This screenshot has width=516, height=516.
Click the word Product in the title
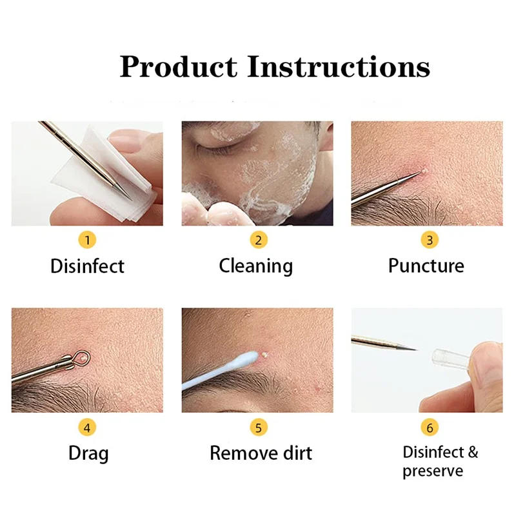(178, 68)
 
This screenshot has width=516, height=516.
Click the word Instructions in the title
(339, 66)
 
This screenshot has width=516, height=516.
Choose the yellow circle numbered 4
(88, 427)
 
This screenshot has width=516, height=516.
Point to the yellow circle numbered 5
(258, 427)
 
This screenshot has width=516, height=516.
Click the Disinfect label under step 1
(88, 266)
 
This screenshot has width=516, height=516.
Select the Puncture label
(426, 266)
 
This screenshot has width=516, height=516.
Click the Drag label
(88, 453)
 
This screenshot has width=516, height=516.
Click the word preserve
(433, 471)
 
